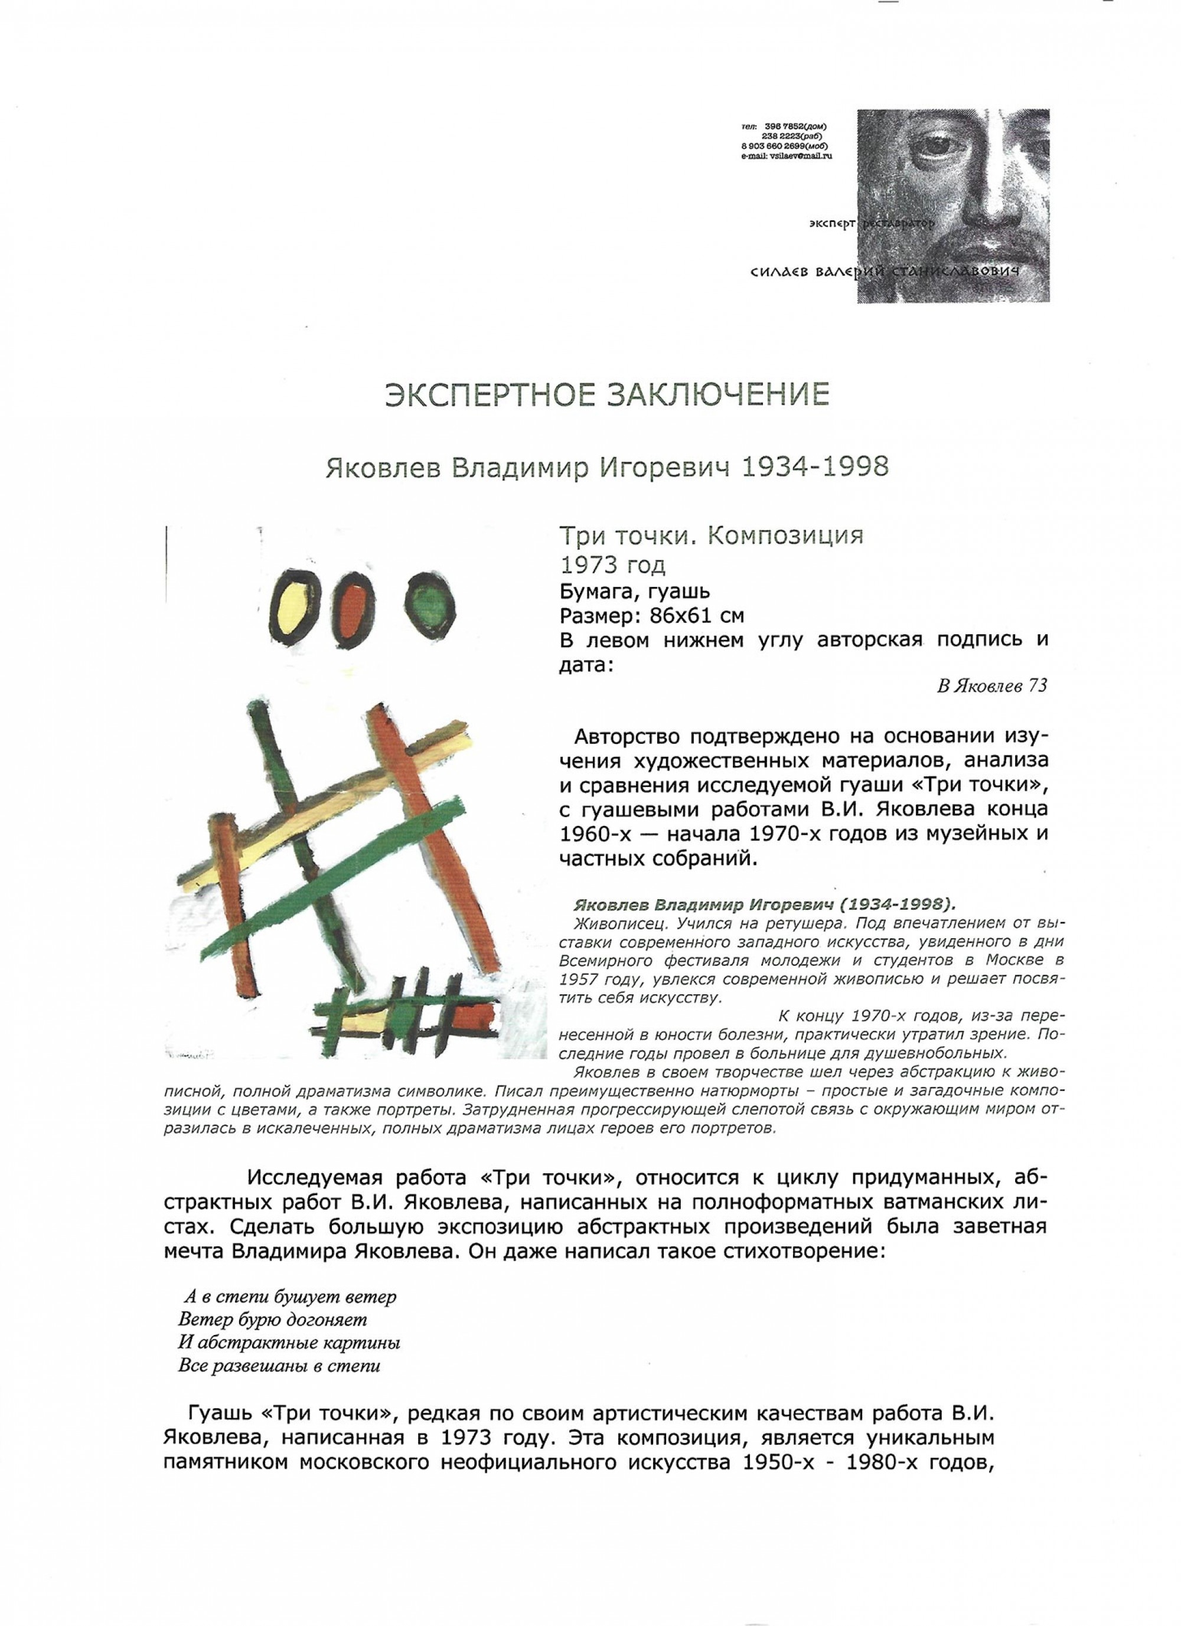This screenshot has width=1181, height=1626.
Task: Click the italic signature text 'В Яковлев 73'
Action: click(991, 686)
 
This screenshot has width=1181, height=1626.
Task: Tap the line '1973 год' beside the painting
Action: click(612, 566)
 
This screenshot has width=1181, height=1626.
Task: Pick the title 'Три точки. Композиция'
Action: click(710, 536)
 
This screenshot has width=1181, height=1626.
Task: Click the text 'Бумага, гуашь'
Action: click(634, 592)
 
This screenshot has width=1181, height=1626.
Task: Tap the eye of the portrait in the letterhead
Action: click(934, 144)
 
